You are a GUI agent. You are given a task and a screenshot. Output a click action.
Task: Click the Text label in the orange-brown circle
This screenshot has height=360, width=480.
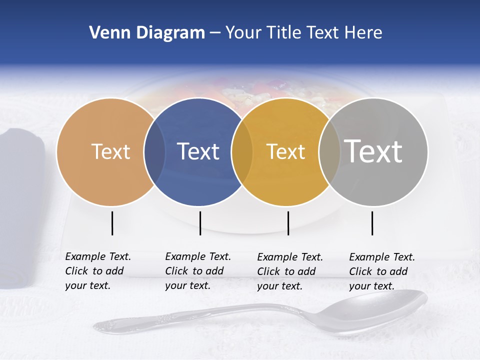110,151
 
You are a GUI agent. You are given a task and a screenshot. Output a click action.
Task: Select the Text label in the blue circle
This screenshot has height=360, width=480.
198,151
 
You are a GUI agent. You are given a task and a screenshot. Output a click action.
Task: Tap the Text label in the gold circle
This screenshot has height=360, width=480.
285,151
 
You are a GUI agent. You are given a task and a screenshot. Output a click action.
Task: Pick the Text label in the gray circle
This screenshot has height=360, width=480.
373,151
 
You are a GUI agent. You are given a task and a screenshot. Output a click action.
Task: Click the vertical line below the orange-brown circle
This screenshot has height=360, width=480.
112,223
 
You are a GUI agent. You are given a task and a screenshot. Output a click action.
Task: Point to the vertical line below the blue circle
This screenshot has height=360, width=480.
200,223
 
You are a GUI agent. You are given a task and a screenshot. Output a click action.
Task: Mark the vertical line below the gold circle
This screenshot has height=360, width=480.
288,223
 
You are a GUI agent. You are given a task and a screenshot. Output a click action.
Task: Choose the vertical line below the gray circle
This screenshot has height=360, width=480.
372,223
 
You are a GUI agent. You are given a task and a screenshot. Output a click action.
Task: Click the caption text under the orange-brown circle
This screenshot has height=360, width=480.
97,271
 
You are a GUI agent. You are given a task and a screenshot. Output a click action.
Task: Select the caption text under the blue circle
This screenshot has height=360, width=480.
197,271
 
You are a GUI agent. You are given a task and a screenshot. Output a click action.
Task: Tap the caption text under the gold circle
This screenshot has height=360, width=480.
289,271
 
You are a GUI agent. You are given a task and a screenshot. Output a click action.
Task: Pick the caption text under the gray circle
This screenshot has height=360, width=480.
381,271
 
